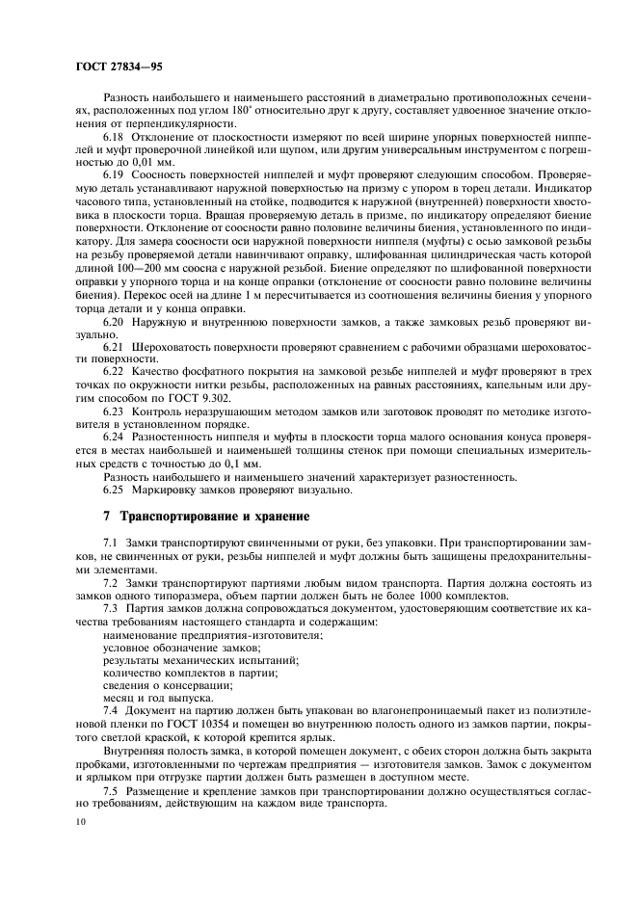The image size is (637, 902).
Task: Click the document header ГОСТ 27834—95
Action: click(107, 68)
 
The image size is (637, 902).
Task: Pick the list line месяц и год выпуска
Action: click(159, 696)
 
